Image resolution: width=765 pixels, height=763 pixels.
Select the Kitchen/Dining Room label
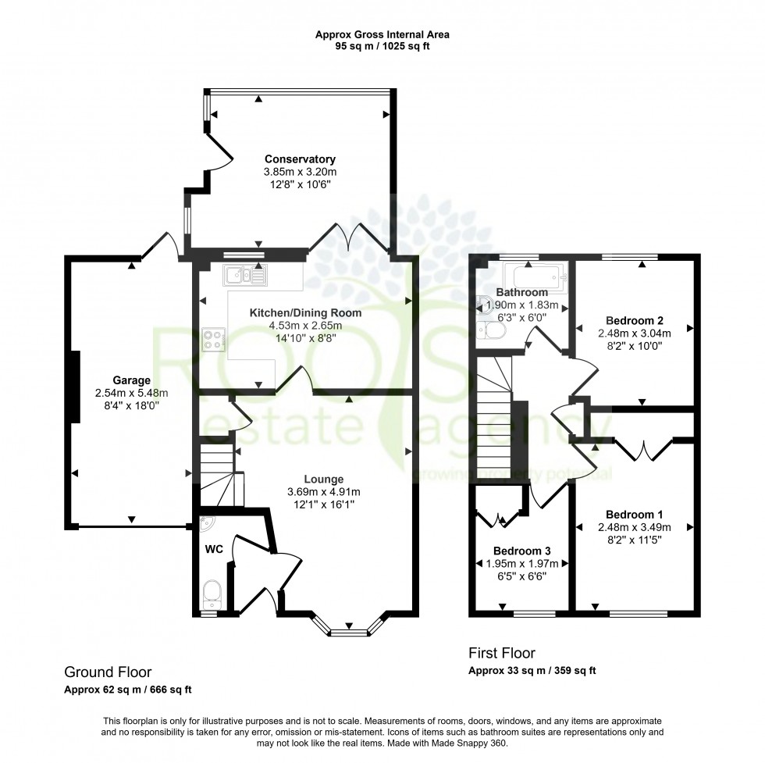(x=305, y=312)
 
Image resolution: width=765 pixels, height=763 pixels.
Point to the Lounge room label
(x=325, y=479)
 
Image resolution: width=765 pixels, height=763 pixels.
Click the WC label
(x=215, y=550)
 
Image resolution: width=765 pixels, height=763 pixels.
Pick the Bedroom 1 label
(x=634, y=514)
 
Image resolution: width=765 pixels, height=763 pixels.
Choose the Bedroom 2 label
(x=634, y=320)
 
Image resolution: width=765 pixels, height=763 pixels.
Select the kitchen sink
(x=245, y=274)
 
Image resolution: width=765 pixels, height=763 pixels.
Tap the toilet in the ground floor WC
(x=212, y=594)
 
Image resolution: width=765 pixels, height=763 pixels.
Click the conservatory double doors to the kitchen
(x=352, y=236)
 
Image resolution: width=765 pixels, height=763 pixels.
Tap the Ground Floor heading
(x=108, y=672)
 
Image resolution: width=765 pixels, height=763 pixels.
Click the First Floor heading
(x=502, y=653)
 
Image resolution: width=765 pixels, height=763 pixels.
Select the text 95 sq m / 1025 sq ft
(x=382, y=46)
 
